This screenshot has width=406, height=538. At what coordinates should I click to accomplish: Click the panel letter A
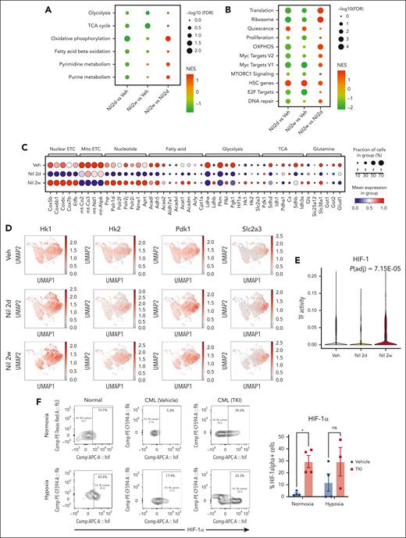click(x=48, y=10)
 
